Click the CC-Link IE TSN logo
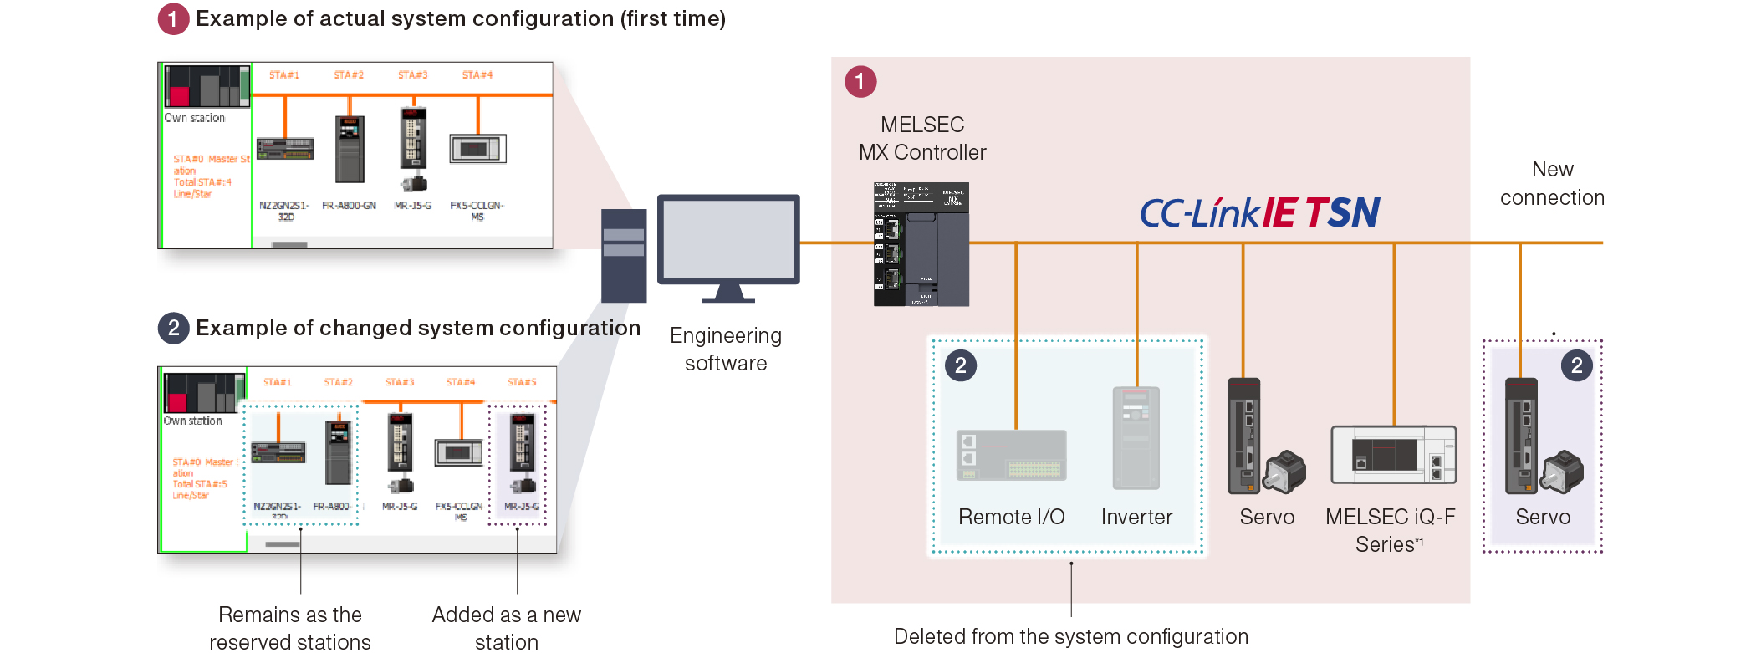[x=1259, y=212]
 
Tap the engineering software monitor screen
[x=727, y=240]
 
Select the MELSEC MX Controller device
[x=921, y=244]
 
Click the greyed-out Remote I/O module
[x=1011, y=456]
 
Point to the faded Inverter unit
[x=1136, y=437]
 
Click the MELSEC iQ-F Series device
[x=1393, y=455]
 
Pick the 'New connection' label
[x=1552, y=183]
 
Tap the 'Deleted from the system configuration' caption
[x=1070, y=636]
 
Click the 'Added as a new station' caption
[x=506, y=628]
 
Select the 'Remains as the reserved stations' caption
[x=290, y=628]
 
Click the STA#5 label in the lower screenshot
[x=522, y=382]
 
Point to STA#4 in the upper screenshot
[x=477, y=75]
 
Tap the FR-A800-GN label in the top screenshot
[x=349, y=206]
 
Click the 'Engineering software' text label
[x=726, y=349]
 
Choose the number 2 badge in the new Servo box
[x=1576, y=365]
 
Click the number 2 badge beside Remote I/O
[x=960, y=365]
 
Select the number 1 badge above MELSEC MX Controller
[x=860, y=82]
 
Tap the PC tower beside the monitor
[x=624, y=255]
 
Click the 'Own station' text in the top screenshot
[x=195, y=118]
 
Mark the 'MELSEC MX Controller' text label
[x=922, y=138]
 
